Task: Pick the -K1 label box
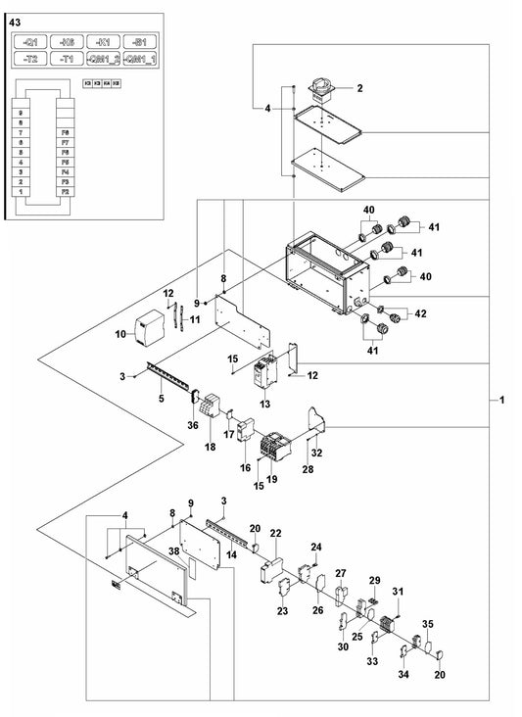coord(102,42)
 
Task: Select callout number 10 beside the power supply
coord(121,334)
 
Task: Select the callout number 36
coord(192,425)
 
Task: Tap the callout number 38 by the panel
coord(173,552)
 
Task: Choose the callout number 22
coord(276,533)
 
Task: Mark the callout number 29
coord(372,581)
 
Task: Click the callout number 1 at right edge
coord(502,400)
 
